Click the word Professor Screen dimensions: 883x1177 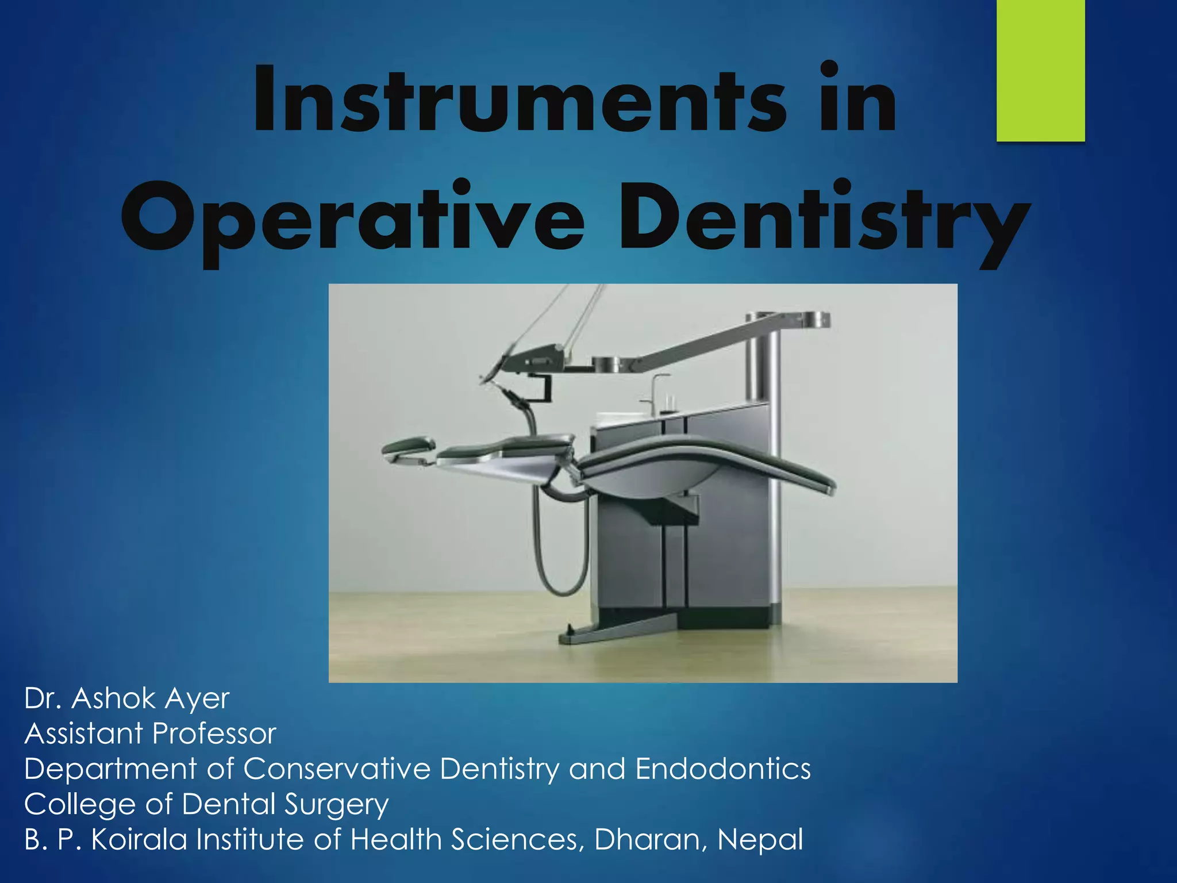point(214,734)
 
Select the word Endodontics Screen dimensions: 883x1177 point(723,769)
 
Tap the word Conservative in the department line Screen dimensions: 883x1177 point(337,769)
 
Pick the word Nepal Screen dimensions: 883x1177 point(760,839)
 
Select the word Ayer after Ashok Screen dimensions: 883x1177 point(198,699)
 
